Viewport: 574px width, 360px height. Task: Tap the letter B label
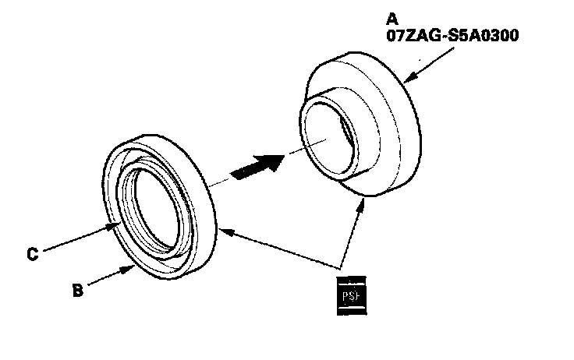click(76, 291)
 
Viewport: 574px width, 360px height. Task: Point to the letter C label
click(32, 253)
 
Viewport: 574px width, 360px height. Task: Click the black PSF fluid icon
click(351, 294)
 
